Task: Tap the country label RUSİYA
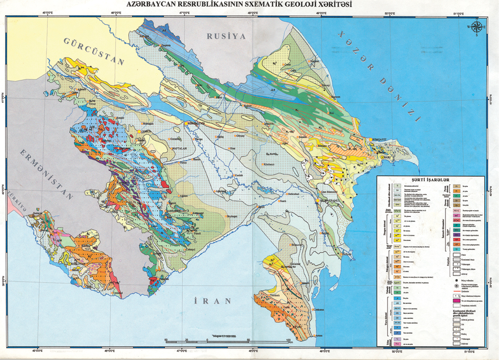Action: pos(226,36)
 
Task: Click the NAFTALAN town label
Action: pos(191,148)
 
